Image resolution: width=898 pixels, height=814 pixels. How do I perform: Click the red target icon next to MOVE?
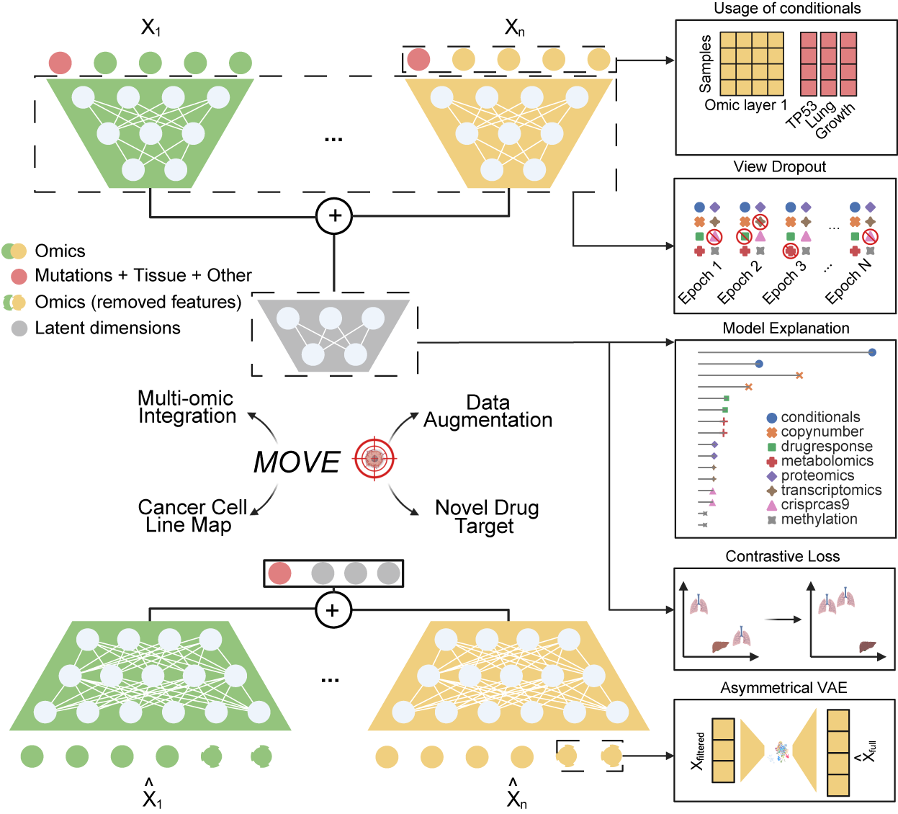[374, 458]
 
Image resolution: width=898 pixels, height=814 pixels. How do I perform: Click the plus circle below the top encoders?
[334, 215]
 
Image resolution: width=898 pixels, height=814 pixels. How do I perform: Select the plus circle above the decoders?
[333, 610]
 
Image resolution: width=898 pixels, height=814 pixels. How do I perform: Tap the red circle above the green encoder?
[60, 63]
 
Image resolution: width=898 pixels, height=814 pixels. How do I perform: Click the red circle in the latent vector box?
[279, 573]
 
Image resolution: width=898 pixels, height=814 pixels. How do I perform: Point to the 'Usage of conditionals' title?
[786, 9]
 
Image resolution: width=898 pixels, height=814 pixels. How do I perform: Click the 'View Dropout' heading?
[779, 166]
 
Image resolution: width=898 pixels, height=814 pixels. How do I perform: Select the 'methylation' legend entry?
[819, 519]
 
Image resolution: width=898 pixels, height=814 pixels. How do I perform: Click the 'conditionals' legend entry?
[820, 417]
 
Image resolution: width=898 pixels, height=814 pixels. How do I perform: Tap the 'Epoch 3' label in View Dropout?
[784, 282]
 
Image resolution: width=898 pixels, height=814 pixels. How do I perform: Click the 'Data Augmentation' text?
[488, 411]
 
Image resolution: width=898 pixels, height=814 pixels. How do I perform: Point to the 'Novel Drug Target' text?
[487, 516]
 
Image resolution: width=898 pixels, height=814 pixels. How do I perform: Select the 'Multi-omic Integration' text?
[187, 407]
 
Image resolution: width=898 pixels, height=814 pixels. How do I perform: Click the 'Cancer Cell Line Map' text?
[192, 516]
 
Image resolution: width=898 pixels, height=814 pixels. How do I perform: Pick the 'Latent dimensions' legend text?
[107, 328]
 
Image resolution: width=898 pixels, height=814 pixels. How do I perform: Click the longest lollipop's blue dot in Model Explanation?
[872, 352]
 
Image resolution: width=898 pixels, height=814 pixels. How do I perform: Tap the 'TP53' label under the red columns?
[801, 115]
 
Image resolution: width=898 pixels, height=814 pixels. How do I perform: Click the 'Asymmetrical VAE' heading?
[783, 688]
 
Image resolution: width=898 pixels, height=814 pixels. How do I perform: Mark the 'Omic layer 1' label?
[745, 105]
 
